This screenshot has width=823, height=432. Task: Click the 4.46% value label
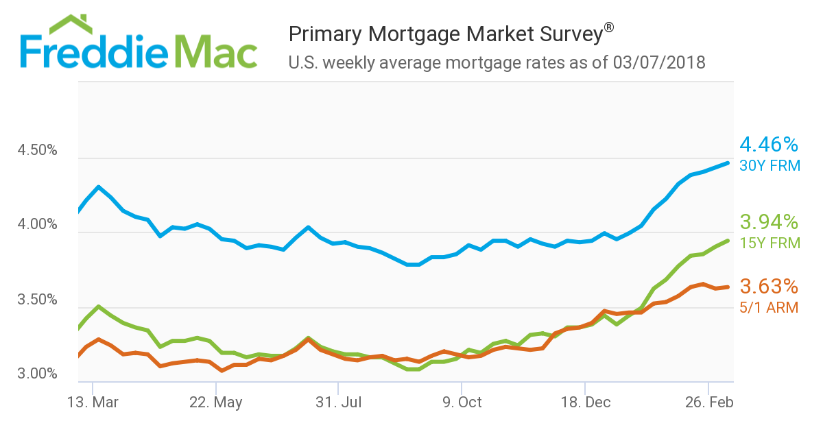(769, 145)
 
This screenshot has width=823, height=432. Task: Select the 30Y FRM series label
(770, 165)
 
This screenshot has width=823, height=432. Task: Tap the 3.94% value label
(769, 222)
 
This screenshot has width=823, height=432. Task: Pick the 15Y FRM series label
(770, 243)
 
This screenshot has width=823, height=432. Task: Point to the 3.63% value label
(769, 287)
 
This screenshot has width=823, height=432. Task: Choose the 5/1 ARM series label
(769, 308)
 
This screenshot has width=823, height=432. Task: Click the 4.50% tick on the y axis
(37, 150)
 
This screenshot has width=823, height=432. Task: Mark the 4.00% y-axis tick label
(37, 225)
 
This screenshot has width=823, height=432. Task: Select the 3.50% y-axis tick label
(37, 300)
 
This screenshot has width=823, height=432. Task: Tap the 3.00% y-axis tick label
(37, 374)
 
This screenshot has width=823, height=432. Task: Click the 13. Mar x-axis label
(92, 403)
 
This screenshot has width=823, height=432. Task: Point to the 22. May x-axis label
(215, 403)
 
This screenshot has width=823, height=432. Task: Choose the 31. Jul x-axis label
(338, 403)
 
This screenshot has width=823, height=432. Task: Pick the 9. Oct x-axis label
(461, 403)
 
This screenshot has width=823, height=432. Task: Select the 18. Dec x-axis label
(584, 403)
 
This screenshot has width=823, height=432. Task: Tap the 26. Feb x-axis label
(708, 403)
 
